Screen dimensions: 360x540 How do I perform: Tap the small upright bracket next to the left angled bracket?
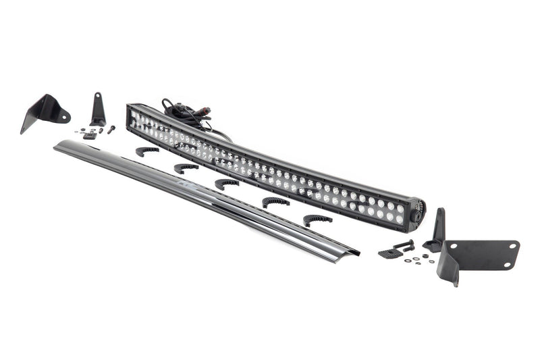tap(98, 109)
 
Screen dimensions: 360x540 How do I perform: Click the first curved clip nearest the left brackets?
tap(147, 151)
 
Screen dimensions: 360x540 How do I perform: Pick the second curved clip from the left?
tap(186, 168)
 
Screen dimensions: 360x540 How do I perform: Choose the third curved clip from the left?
tap(227, 183)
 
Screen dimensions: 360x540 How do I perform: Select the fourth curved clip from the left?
tap(275, 202)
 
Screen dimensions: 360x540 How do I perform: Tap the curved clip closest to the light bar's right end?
tap(317, 220)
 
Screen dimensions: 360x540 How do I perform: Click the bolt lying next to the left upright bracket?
tap(110, 128)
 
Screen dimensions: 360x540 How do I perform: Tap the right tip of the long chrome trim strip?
tap(356, 253)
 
